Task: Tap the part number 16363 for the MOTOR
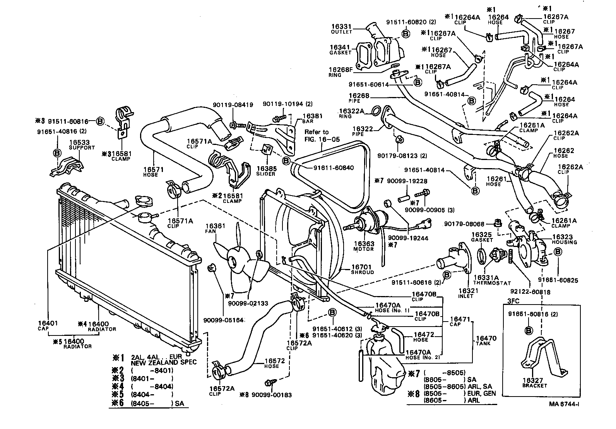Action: (364, 243)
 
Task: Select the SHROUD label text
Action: (362, 272)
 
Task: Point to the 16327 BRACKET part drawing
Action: (542, 357)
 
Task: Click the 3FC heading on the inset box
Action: (513, 300)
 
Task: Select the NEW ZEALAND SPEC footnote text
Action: (164, 363)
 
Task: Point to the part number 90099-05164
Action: (223, 320)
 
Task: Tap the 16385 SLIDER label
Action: (266, 169)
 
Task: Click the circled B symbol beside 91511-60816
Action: (100, 121)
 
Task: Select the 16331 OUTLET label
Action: (342, 27)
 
